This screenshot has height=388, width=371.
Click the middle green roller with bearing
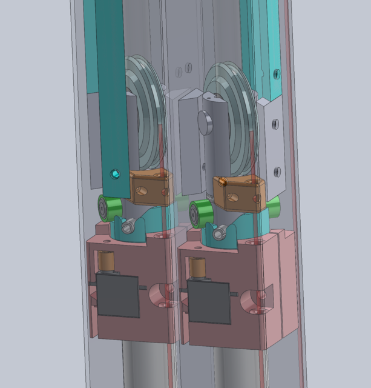click(200, 213)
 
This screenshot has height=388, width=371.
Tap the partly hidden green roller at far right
click(274, 206)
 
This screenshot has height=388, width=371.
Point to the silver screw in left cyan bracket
click(128, 228)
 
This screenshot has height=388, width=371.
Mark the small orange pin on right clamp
click(223, 180)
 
